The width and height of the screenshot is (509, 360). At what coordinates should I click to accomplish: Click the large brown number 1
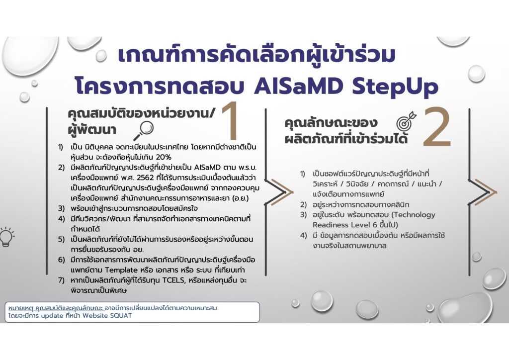[231, 121]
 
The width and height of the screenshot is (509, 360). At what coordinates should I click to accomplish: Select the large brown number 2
[437, 128]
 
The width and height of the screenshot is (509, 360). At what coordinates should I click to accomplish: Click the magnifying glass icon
[143, 131]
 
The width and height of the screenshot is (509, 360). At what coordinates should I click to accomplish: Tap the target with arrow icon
[406, 121]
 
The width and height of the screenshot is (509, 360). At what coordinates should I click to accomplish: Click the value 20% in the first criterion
[163, 158]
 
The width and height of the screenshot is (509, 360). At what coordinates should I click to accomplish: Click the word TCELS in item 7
[174, 280]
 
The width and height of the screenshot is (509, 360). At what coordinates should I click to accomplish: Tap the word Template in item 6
[121, 270]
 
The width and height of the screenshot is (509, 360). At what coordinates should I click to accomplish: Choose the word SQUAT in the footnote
[121, 316]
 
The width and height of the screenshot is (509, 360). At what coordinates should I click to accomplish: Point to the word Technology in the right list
[415, 215]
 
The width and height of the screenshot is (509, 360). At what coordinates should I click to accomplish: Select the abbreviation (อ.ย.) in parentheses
[241, 198]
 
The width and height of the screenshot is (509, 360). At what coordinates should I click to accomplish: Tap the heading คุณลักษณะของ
[331, 123]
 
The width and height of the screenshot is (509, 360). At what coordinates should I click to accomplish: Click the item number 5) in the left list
[61, 240]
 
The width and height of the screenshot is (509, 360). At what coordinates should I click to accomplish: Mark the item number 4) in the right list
[303, 235]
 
